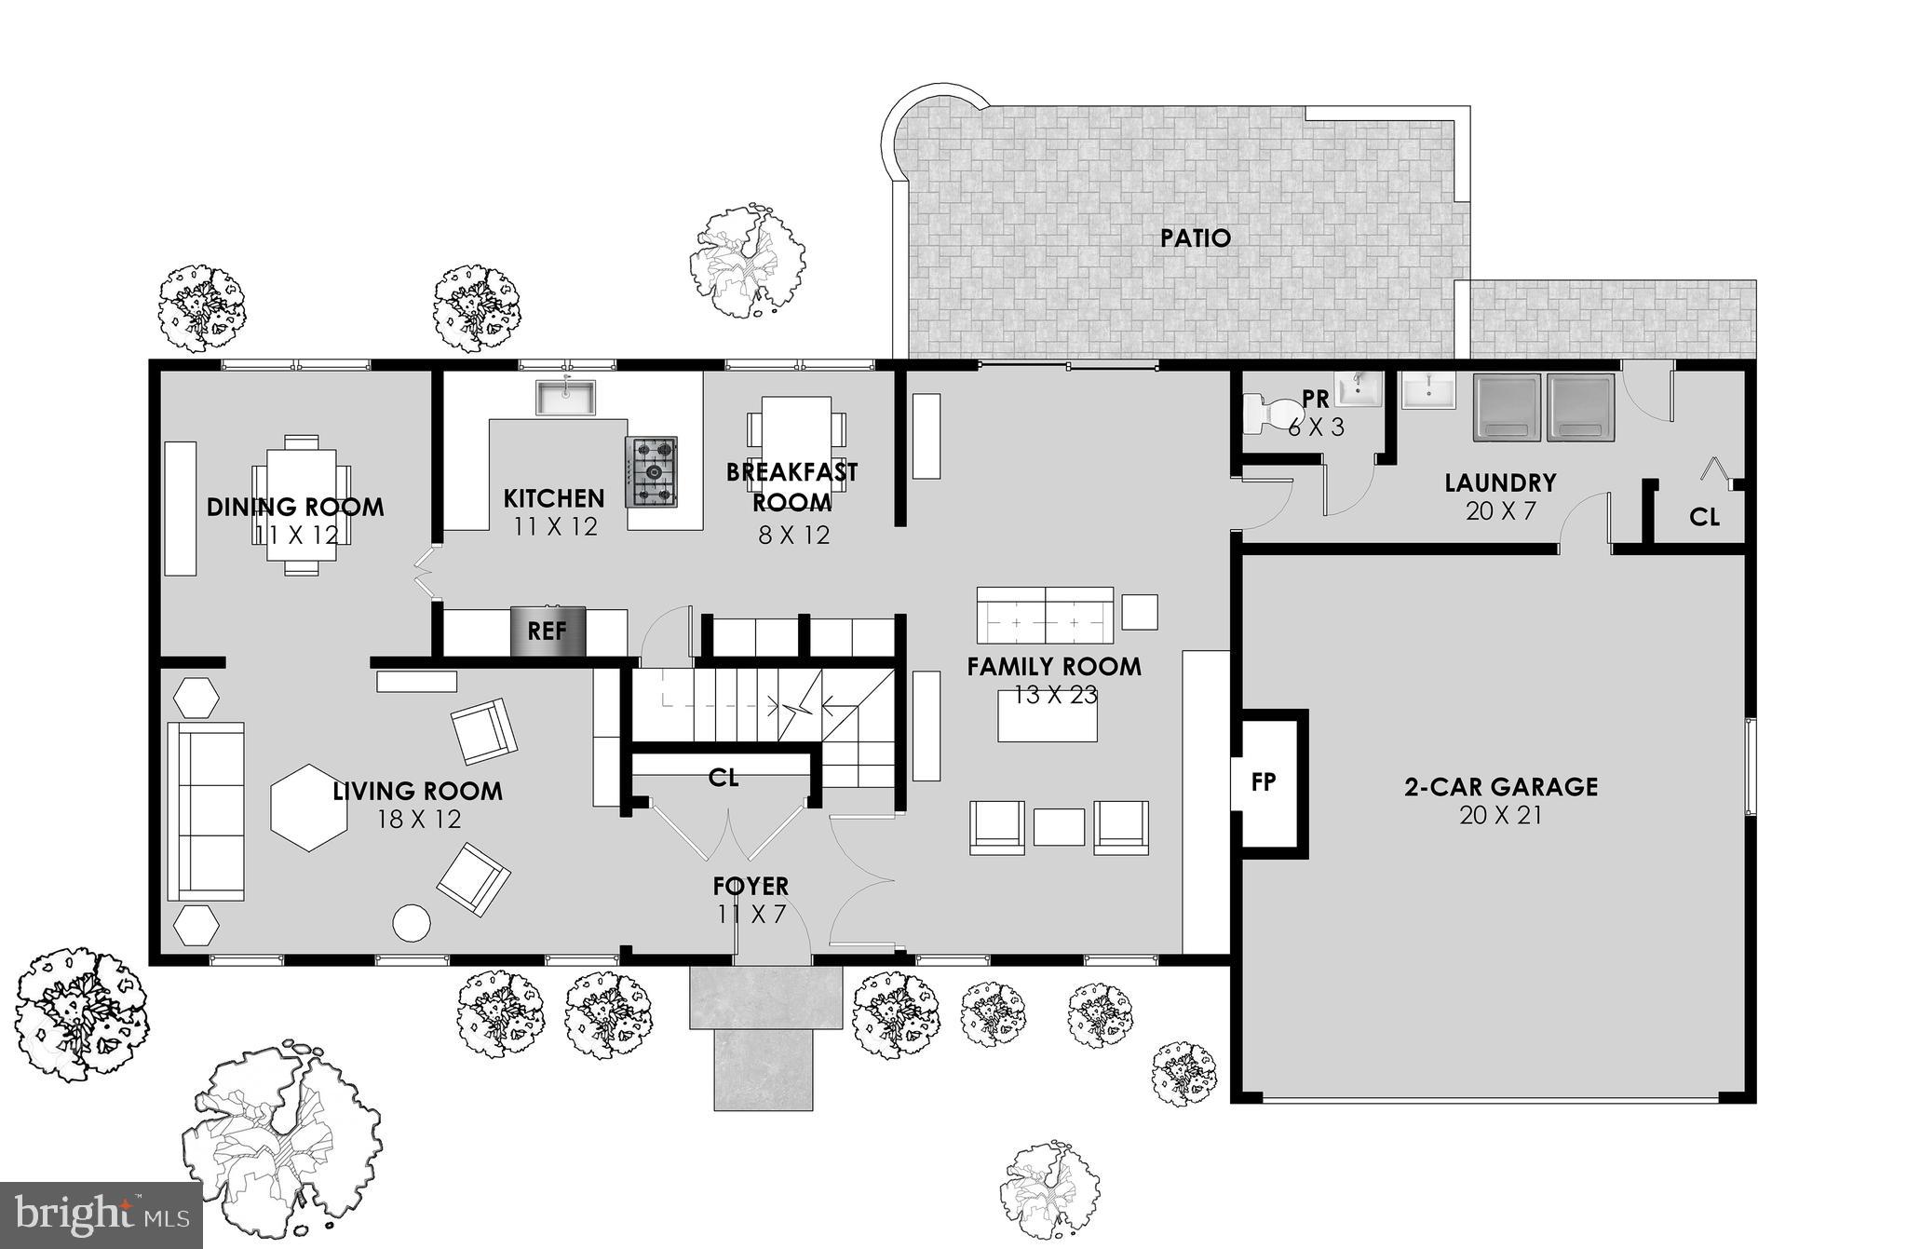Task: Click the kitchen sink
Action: (x=565, y=397)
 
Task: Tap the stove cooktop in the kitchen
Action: (x=651, y=472)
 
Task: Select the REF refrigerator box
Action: (x=548, y=631)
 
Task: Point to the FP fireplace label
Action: (x=1263, y=782)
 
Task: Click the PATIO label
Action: (x=1195, y=238)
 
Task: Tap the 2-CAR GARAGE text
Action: (x=1500, y=787)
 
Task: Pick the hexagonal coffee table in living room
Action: (x=308, y=807)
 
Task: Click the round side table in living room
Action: (x=412, y=923)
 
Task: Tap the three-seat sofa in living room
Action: (x=206, y=811)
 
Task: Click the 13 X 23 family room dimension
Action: (x=1055, y=696)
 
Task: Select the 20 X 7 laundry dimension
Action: (x=1500, y=510)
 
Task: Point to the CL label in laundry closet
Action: (x=1704, y=517)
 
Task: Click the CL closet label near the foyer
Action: (x=723, y=778)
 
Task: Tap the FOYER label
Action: (x=751, y=886)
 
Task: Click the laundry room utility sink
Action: (x=1427, y=391)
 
